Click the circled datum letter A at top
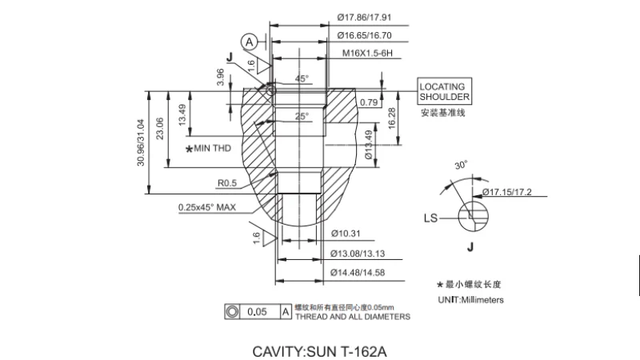coord(250,41)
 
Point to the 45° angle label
coord(302,79)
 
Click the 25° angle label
coord(301,116)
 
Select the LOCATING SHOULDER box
coord(444,91)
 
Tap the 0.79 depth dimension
coord(369,102)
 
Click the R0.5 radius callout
coord(226,183)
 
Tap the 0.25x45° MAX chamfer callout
coord(206,207)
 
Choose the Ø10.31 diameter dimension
coord(347,233)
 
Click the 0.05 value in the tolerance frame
coord(257,311)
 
